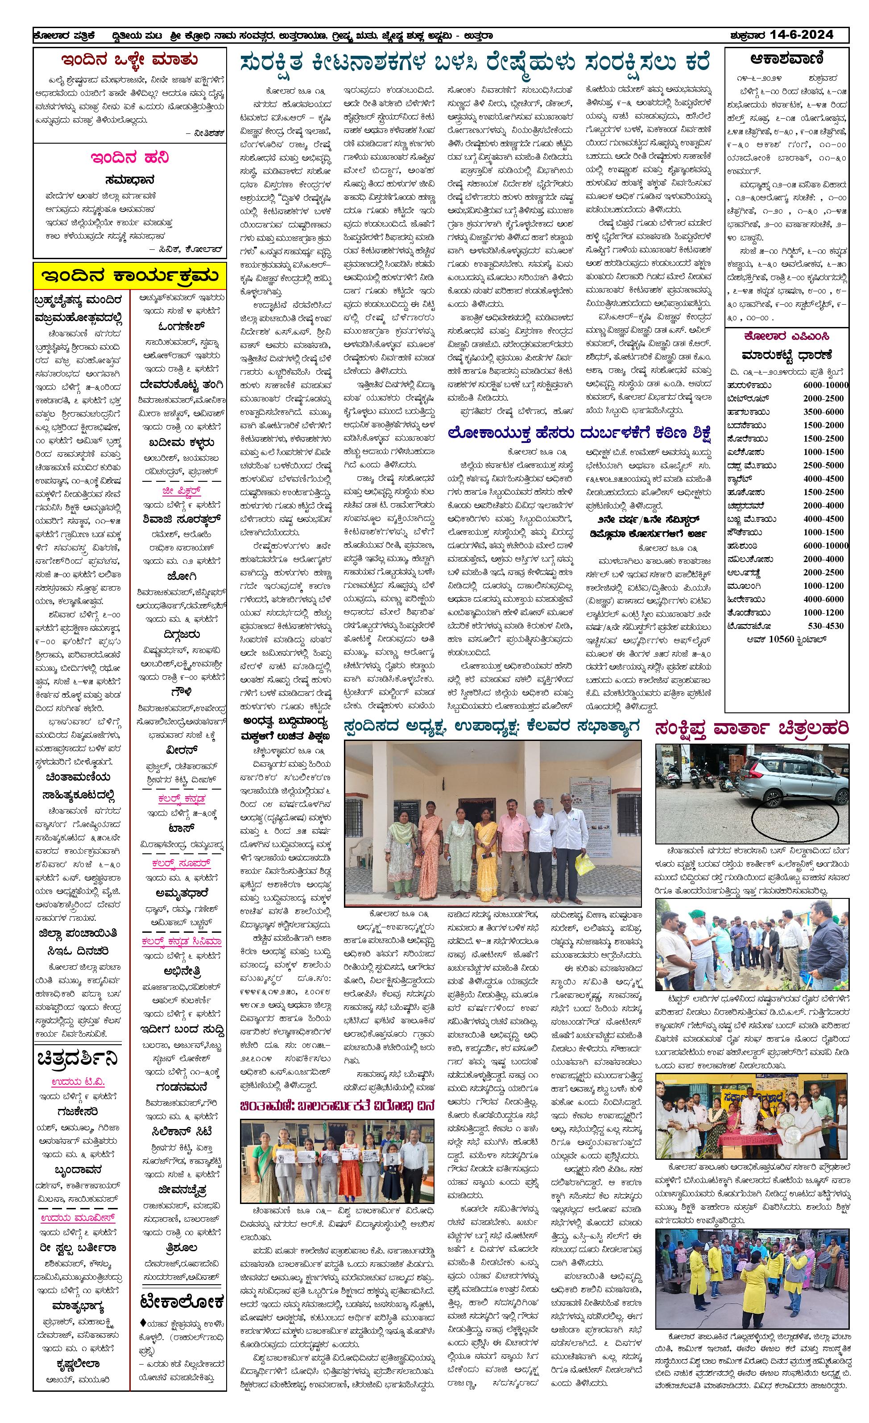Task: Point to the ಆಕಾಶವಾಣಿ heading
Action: coord(787,59)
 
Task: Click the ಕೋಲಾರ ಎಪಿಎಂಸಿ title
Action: coord(787,336)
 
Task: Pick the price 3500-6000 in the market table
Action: coord(823,412)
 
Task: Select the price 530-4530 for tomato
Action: coord(823,625)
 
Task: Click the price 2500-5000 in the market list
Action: coord(823,465)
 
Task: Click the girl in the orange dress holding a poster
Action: coord(349,1167)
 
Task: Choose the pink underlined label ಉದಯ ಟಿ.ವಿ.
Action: coord(78,1082)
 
